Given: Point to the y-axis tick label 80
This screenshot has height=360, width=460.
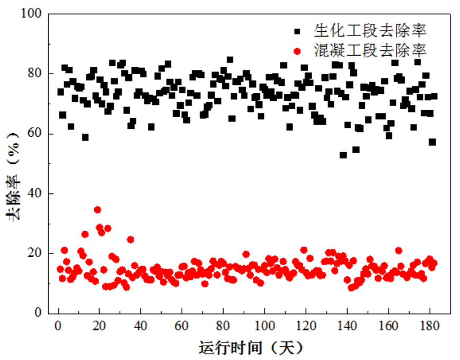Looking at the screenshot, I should (x=33, y=74).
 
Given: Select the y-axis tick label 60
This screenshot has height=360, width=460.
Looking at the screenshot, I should (x=33, y=134).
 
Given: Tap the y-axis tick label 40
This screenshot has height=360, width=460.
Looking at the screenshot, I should (x=33, y=194).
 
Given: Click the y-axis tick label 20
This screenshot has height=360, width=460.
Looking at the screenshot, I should (x=33, y=253).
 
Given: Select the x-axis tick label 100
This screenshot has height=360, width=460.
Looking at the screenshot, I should (x=265, y=324).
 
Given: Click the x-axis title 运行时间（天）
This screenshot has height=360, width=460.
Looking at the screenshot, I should (x=251, y=348).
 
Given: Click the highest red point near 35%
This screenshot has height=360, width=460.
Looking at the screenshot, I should (x=98, y=210).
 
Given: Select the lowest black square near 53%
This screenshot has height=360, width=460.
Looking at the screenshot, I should (x=343, y=155).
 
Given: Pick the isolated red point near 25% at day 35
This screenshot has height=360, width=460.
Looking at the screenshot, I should (x=130, y=240).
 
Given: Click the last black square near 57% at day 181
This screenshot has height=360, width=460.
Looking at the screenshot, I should (x=432, y=142).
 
